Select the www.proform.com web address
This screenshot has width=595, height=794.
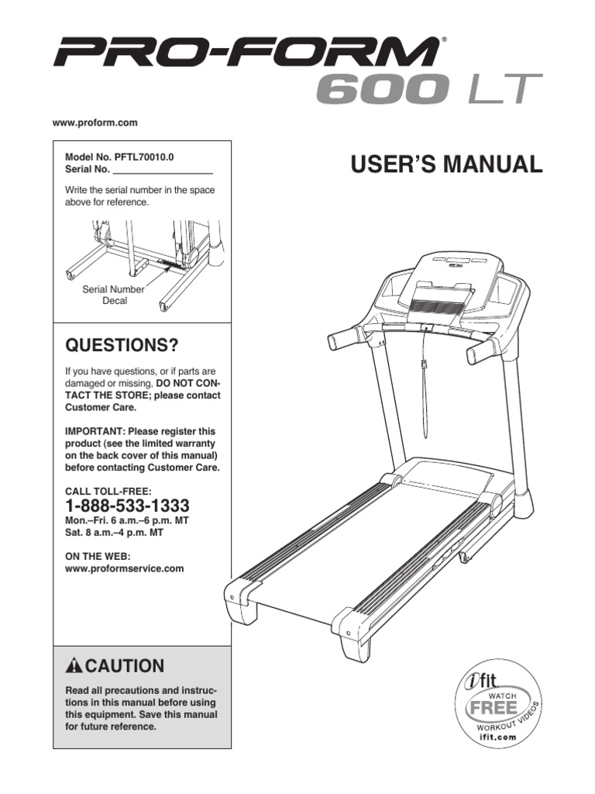[x=95, y=123]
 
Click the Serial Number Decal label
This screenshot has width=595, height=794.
[x=114, y=295]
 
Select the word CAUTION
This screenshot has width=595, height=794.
[x=125, y=666]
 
